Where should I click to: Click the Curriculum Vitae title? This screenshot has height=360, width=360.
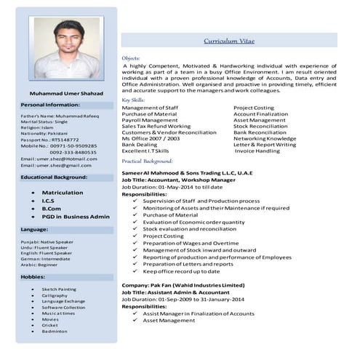pyautogui.click(x=229, y=42)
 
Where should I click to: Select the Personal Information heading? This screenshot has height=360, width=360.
pyautogui.click(x=50, y=105)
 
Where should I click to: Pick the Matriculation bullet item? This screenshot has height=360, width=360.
pyautogui.click(x=63, y=192)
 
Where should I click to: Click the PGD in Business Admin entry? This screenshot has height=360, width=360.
pyautogui.click(x=76, y=216)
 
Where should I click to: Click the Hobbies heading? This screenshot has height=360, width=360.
pyautogui.click(x=33, y=277)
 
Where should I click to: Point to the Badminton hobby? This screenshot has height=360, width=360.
pyautogui.click(x=55, y=331)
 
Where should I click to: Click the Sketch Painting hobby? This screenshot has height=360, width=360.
pyautogui.click(x=59, y=289)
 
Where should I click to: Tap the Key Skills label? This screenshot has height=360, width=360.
pyautogui.click(x=133, y=100)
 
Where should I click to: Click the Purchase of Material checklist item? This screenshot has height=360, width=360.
pyautogui.click(x=170, y=215)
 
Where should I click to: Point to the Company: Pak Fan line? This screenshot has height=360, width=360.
pyautogui.click(x=183, y=285)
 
